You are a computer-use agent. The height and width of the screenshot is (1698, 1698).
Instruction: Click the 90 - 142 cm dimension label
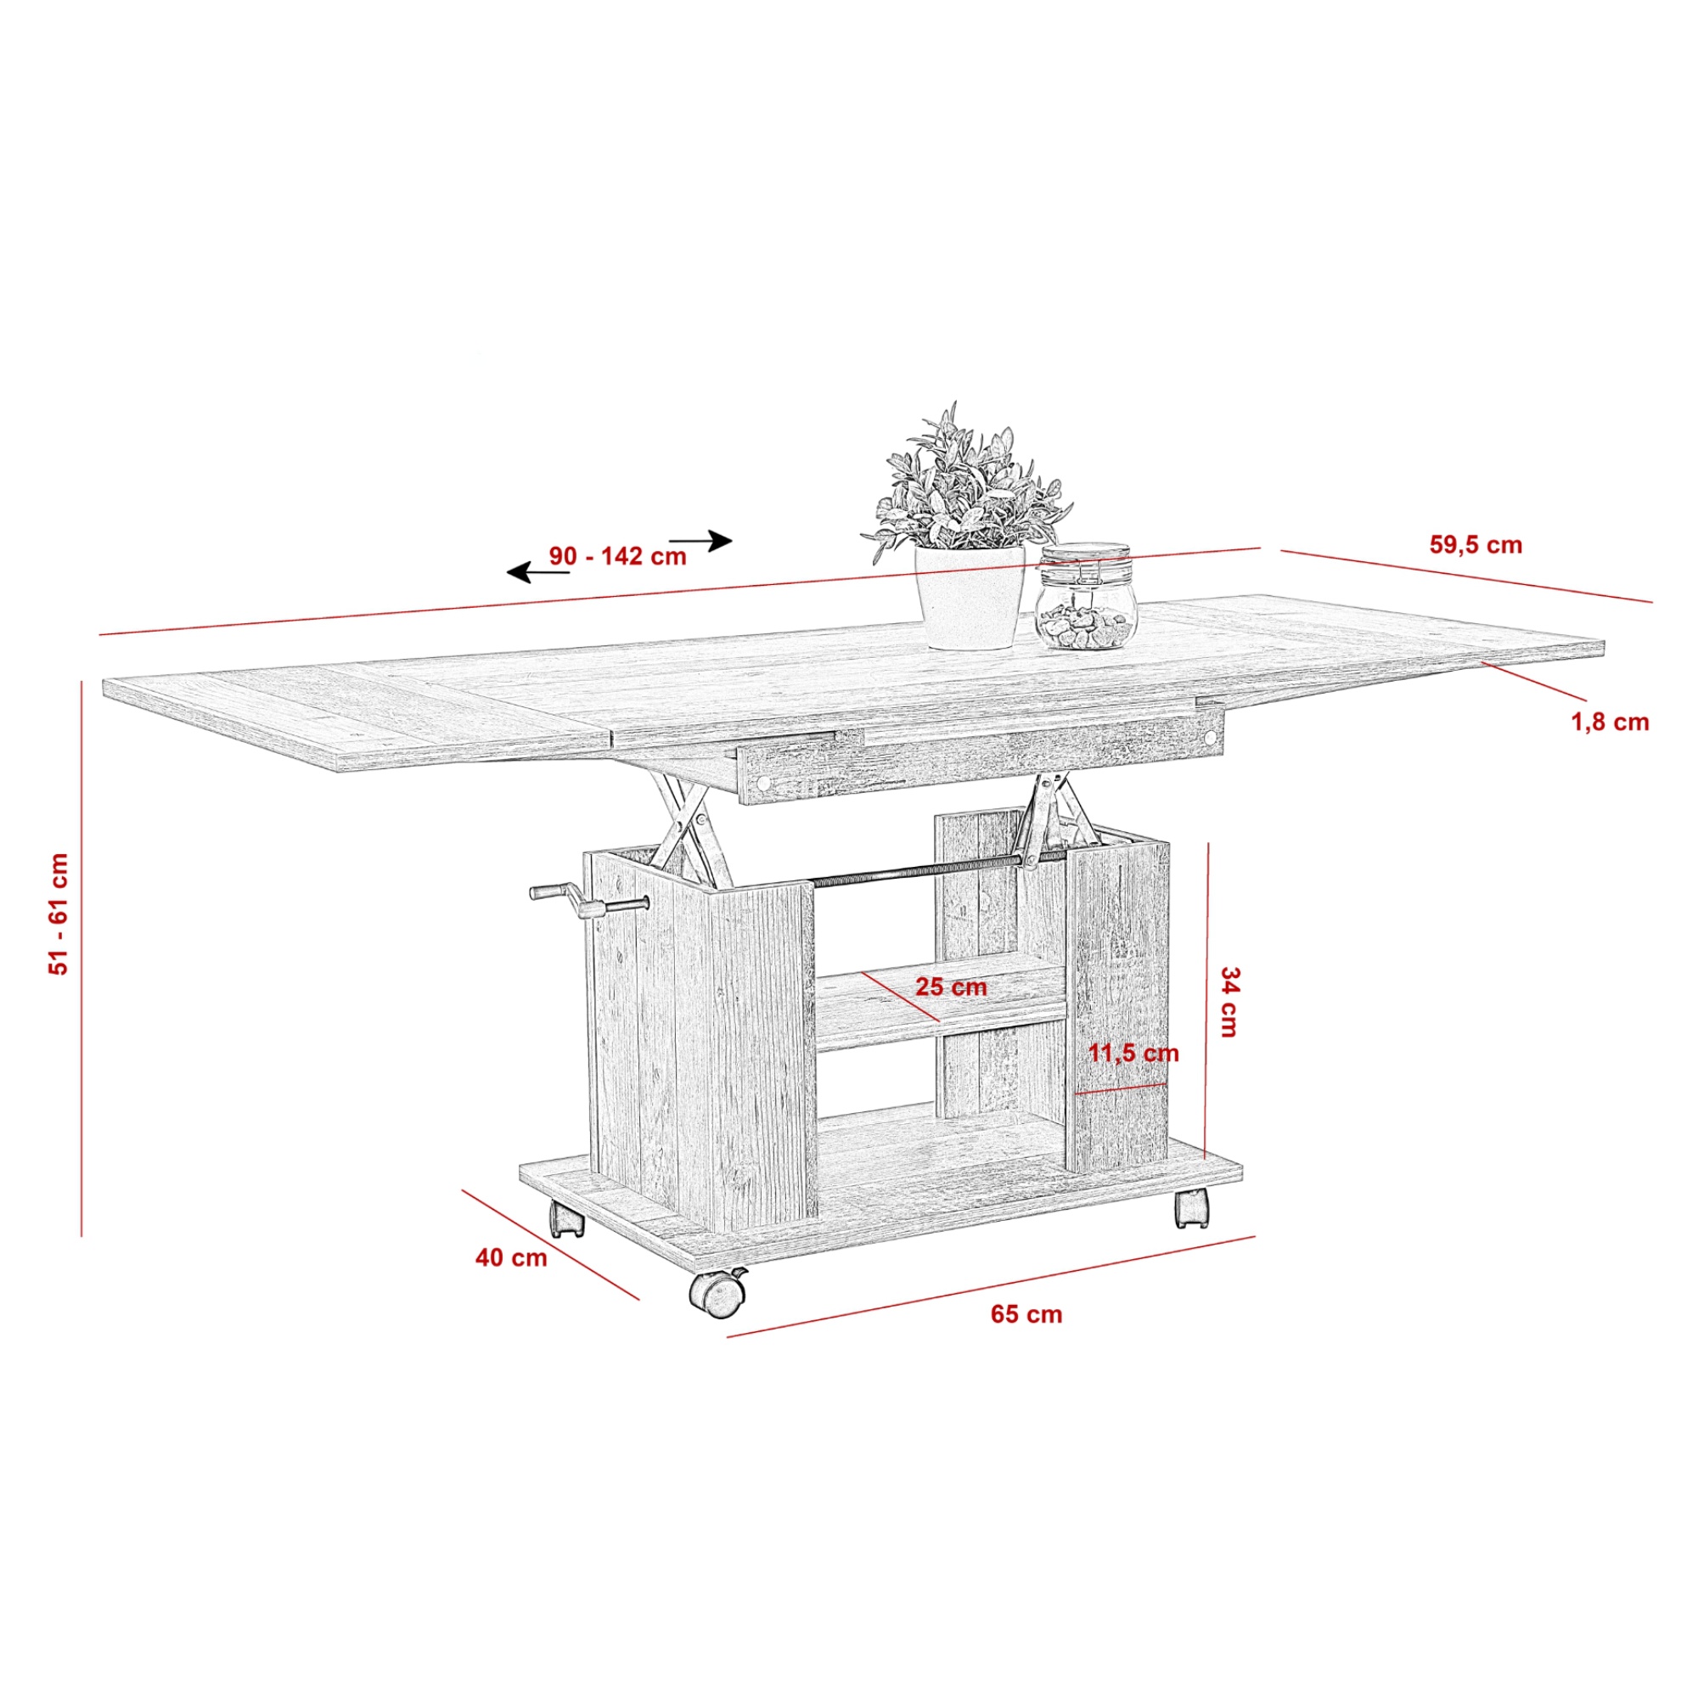point(618,556)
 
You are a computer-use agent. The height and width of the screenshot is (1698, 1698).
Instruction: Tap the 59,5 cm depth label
point(1476,545)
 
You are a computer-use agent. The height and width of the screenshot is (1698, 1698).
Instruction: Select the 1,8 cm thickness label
point(1610,722)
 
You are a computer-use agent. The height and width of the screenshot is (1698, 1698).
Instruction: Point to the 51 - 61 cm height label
point(59,914)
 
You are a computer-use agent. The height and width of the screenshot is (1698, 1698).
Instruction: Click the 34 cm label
point(1229,1002)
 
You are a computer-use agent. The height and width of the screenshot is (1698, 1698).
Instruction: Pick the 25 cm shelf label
point(951,987)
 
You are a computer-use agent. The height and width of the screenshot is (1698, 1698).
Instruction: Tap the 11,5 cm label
point(1133,1053)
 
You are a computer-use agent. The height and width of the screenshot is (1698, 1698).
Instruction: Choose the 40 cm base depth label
point(511,1257)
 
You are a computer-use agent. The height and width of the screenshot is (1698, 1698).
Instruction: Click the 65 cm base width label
point(1026,1314)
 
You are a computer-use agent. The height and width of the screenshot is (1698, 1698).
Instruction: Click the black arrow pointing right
point(700,541)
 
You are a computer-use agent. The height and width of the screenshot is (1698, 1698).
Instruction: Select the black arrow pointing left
point(538,573)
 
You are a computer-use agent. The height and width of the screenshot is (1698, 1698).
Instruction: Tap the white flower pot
point(970,597)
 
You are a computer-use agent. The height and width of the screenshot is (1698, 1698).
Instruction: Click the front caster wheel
point(718,1293)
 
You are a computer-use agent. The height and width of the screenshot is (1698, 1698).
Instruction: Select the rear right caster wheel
point(1191,1207)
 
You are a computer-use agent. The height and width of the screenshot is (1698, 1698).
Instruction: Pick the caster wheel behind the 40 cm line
point(567,1218)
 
